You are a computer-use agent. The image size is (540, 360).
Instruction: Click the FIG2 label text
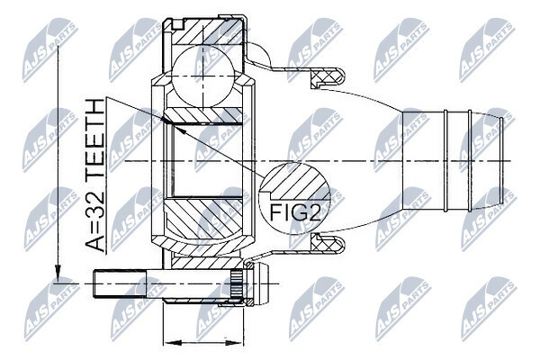click(295, 213)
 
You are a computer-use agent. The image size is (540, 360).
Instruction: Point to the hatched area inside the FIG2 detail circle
click(295, 182)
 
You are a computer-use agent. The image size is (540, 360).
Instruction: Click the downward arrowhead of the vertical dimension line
click(58, 274)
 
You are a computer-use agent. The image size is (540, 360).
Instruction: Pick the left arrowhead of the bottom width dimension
click(172, 343)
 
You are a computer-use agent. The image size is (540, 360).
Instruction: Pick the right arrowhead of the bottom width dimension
click(234, 343)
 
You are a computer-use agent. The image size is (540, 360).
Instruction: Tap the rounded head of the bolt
click(261, 283)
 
